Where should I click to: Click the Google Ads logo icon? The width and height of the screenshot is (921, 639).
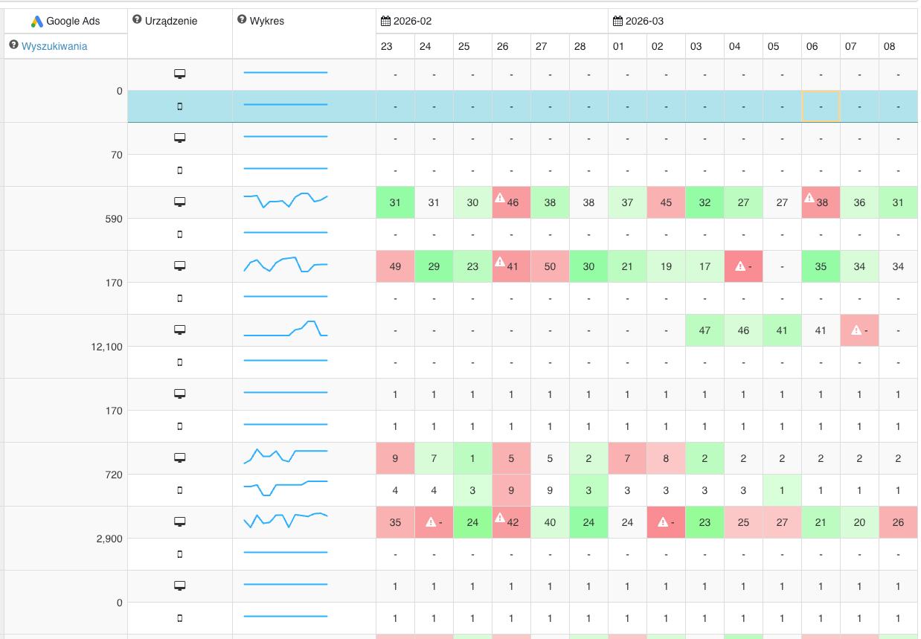(37, 21)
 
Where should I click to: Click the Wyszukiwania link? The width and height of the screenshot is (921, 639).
(54, 46)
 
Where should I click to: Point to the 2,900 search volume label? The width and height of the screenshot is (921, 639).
(109, 539)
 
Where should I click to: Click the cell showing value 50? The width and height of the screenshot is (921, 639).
(550, 266)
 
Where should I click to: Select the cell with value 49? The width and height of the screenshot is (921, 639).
(395, 266)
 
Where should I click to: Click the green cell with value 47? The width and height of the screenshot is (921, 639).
(705, 330)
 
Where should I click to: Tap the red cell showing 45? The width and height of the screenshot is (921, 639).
(666, 202)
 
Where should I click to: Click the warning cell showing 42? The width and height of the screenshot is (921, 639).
(511, 522)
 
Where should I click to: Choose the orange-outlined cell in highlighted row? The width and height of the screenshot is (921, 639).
(821, 106)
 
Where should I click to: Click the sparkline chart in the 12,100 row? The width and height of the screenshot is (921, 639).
(286, 330)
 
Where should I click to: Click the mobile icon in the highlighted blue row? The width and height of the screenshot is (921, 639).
(179, 106)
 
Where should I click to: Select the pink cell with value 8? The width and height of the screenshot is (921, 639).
(666, 458)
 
